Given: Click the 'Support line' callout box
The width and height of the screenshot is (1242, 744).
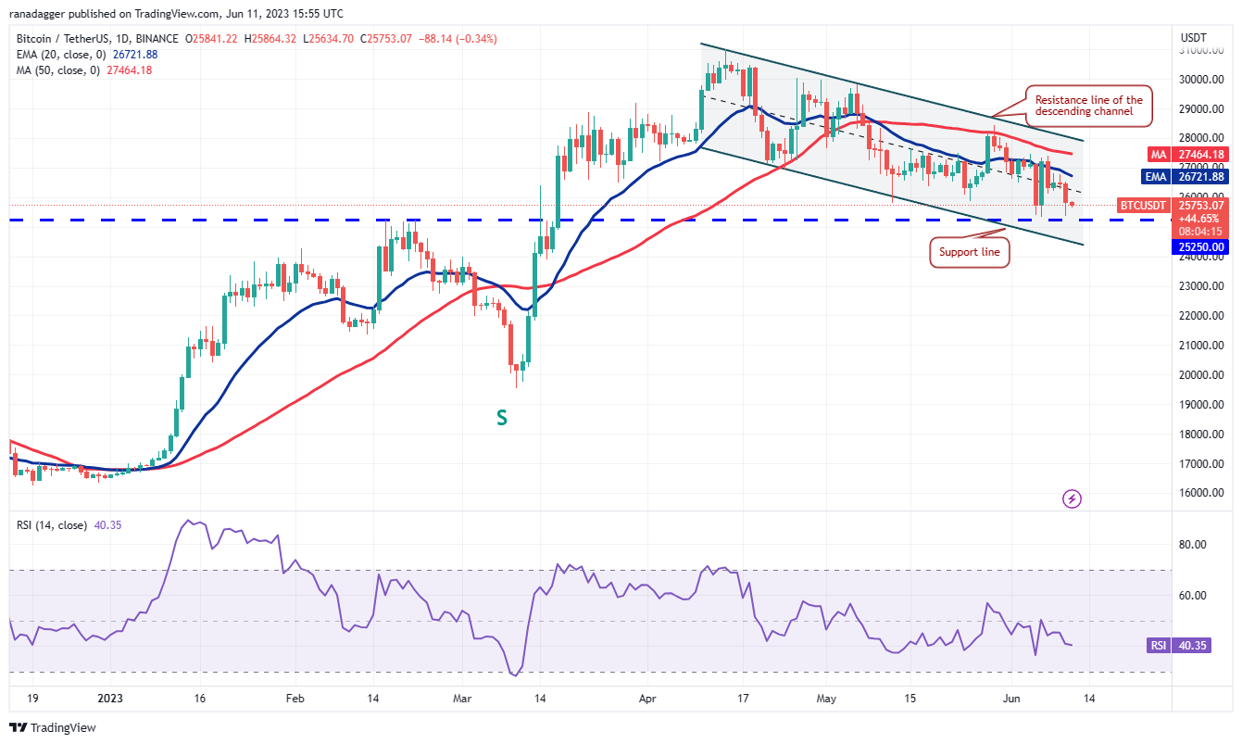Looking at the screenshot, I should pyautogui.click(x=968, y=252).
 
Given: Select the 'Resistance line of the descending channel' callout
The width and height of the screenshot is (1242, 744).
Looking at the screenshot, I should pyautogui.click(x=1088, y=107).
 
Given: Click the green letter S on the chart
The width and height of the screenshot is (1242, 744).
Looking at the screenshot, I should pyautogui.click(x=501, y=418).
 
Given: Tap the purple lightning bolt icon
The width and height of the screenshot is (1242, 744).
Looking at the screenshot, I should pyautogui.click(x=1072, y=499).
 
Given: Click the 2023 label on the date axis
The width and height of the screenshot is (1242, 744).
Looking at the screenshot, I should pyautogui.click(x=110, y=699).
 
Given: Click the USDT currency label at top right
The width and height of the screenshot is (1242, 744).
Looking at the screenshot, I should pyautogui.click(x=1193, y=37).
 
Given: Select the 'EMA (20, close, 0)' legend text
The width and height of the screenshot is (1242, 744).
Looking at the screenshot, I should pyautogui.click(x=61, y=55).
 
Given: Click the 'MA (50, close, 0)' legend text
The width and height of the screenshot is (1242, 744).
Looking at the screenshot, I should pyautogui.click(x=57, y=70).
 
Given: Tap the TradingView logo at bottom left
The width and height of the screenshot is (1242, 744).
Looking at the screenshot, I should pyautogui.click(x=53, y=728).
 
